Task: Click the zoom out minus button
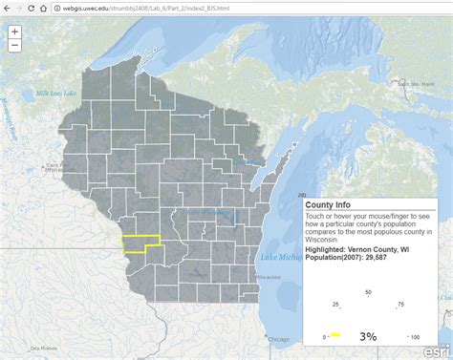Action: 15,45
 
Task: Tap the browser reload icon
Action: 32,9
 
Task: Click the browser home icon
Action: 45,9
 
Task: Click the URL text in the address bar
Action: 143,9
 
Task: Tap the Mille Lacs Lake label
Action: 56,93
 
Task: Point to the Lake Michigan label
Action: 283,257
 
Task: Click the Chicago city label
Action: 278,339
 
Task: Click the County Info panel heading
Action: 327,204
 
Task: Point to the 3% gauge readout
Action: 368,336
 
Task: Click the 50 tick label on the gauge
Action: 368,291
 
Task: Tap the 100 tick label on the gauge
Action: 415,336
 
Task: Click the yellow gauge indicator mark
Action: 335,335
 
